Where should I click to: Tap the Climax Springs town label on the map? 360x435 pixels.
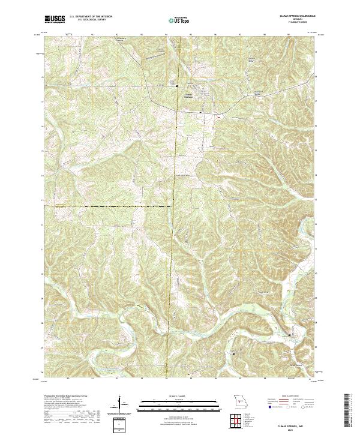tap(188, 95)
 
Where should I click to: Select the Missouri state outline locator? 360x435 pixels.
tap(239, 401)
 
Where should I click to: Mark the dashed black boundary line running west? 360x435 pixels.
tap(108, 206)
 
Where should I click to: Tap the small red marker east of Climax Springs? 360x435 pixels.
tap(218, 117)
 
